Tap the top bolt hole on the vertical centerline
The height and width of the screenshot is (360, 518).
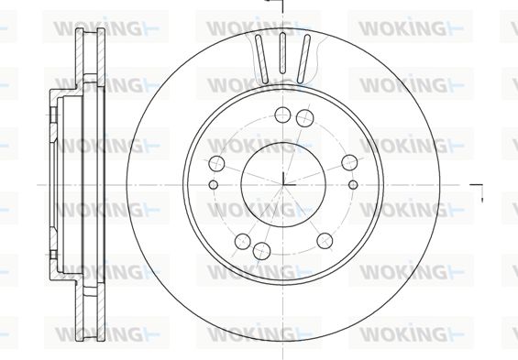(282, 115)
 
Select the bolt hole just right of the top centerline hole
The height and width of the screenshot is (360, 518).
(304, 118)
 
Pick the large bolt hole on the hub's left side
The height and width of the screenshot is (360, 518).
(216, 163)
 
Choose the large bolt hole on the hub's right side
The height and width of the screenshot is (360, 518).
(349, 163)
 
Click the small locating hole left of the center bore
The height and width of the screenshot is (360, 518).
(214, 184)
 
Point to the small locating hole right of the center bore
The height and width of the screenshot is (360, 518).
(353, 184)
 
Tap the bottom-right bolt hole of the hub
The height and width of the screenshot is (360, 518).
(325, 241)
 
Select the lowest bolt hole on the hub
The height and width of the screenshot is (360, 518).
(261, 251)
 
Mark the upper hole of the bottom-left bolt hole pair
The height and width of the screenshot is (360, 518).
(243, 242)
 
